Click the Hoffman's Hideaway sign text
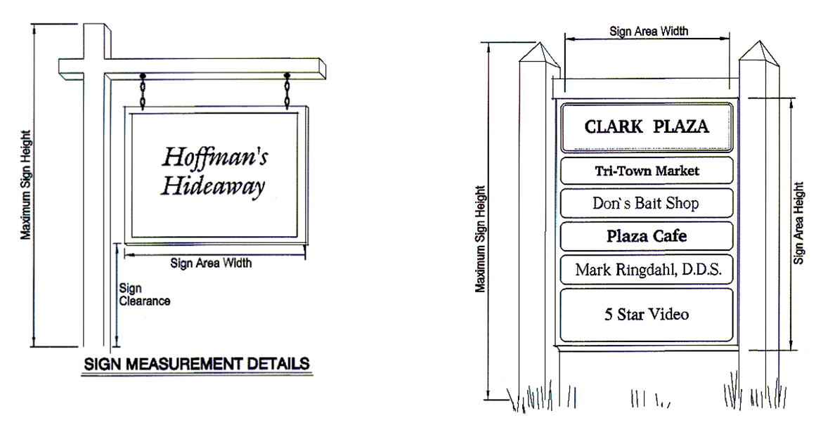tap(214, 170)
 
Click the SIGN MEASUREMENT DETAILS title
tap(196, 364)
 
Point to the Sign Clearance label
tap(143, 294)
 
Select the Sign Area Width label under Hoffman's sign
tap(210, 263)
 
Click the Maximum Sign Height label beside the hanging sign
tap(26, 184)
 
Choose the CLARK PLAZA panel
tap(647, 127)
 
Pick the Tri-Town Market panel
tap(647, 171)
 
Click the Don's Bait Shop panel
tap(647, 204)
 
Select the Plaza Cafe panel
tap(647, 236)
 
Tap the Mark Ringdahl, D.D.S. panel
tap(647, 270)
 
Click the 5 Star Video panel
tap(647, 314)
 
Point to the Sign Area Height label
tap(798, 223)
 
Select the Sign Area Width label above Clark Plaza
tap(648, 32)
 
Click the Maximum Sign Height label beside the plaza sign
tap(480, 239)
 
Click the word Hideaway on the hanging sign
tap(213, 186)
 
